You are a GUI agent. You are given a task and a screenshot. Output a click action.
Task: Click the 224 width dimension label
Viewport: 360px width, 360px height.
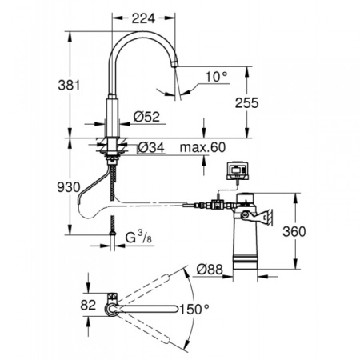coord(143,18)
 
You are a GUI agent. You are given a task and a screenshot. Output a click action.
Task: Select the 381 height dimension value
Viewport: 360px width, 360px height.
coord(69,86)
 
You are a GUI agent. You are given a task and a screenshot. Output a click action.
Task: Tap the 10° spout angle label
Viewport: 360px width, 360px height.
coord(217,77)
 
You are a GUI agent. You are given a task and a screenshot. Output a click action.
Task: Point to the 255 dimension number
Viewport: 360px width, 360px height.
coord(246,103)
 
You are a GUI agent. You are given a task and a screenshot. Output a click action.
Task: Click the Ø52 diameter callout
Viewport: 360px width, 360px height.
coord(146,117)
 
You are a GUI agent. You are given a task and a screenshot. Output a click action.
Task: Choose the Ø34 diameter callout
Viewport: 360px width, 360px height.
coord(151,147)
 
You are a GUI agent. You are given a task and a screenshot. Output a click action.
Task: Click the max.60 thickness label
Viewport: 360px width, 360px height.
coord(202,147)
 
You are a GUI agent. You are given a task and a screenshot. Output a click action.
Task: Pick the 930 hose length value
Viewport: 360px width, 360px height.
coord(69,187)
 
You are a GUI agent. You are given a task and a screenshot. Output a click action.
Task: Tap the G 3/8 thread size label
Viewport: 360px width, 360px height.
coord(138,237)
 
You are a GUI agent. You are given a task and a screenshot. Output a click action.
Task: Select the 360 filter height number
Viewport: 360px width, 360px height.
coord(294,231)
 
